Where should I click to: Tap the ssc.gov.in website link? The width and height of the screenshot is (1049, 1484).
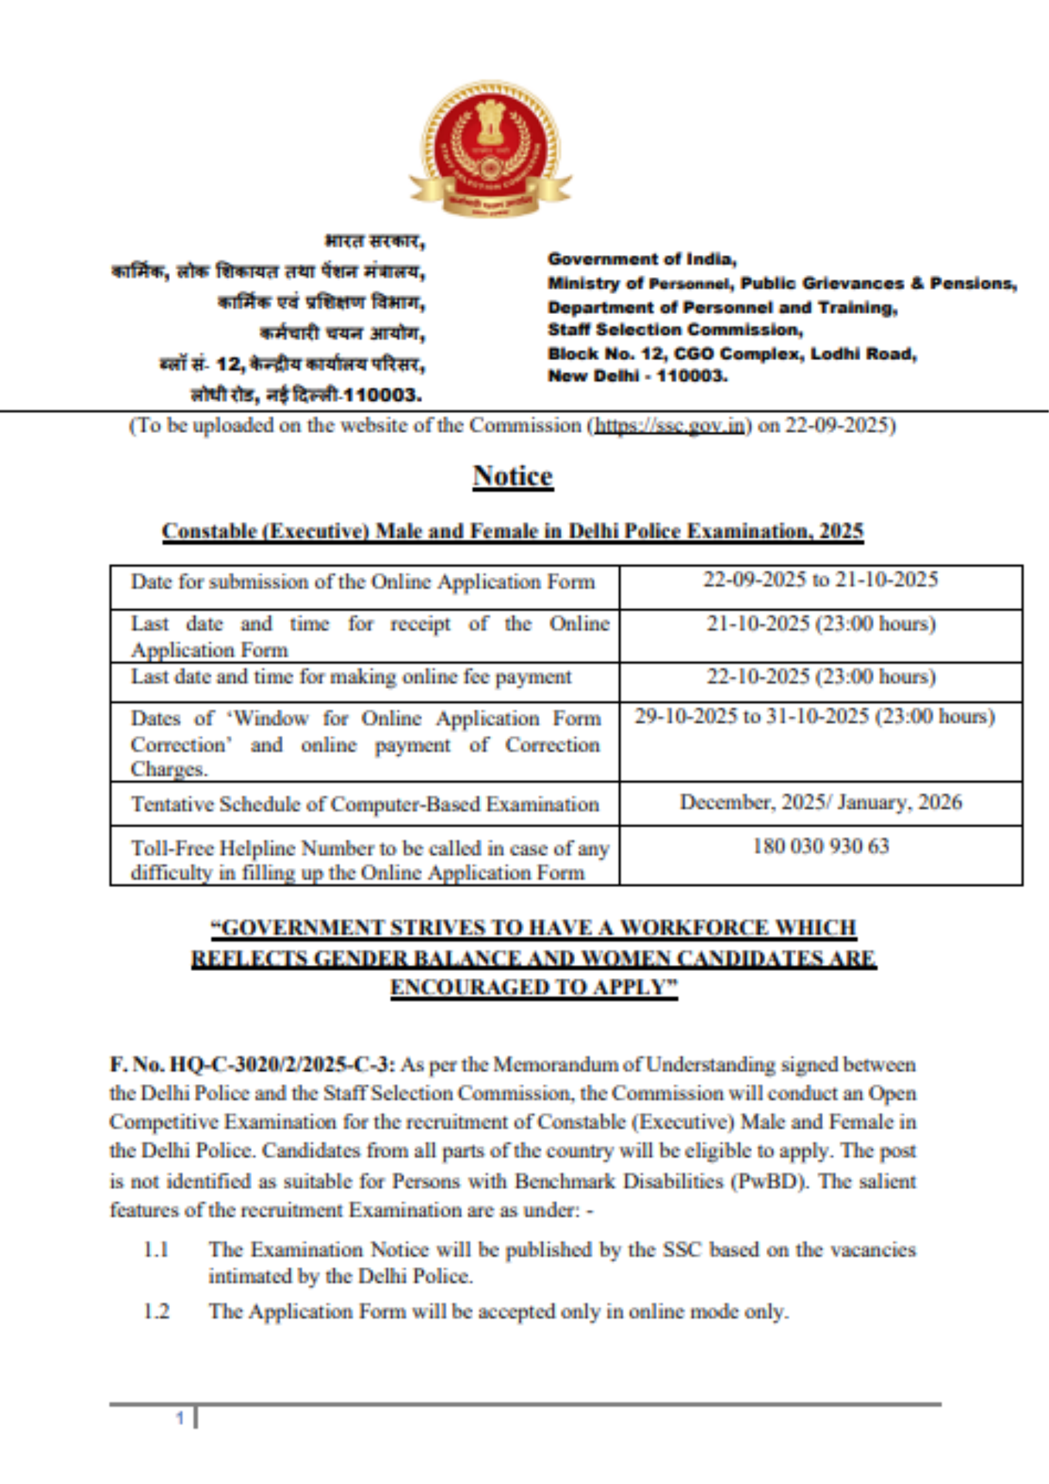(669, 425)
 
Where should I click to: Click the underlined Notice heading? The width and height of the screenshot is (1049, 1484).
(513, 476)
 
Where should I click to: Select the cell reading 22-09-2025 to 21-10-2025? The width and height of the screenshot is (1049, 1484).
(820, 580)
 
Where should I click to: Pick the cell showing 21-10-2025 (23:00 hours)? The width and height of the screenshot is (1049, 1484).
(820, 623)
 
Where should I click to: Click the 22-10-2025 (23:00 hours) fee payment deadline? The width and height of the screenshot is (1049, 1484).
(820, 676)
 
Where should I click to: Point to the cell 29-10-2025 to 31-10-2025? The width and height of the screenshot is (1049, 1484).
(814, 717)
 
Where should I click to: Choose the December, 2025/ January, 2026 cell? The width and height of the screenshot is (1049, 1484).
(820, 802)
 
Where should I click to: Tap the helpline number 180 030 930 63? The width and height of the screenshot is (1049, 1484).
(820, 846)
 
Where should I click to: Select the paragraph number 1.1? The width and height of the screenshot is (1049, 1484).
(157, 1249)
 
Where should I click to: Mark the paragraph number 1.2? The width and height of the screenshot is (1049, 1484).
(157, 1311)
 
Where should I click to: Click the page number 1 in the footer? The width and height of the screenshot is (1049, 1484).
(180, 1419)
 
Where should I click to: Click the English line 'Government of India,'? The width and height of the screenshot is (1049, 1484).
(642, 259)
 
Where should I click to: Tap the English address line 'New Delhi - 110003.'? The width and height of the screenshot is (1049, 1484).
(637, 376)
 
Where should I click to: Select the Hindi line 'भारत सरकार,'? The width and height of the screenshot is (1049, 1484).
(374, 241)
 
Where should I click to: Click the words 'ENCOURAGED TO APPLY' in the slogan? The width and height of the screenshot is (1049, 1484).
(534, 987)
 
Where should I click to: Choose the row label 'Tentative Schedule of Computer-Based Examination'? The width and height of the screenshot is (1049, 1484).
(365, 804)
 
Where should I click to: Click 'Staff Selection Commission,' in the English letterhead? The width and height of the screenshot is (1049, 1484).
(675, 329)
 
